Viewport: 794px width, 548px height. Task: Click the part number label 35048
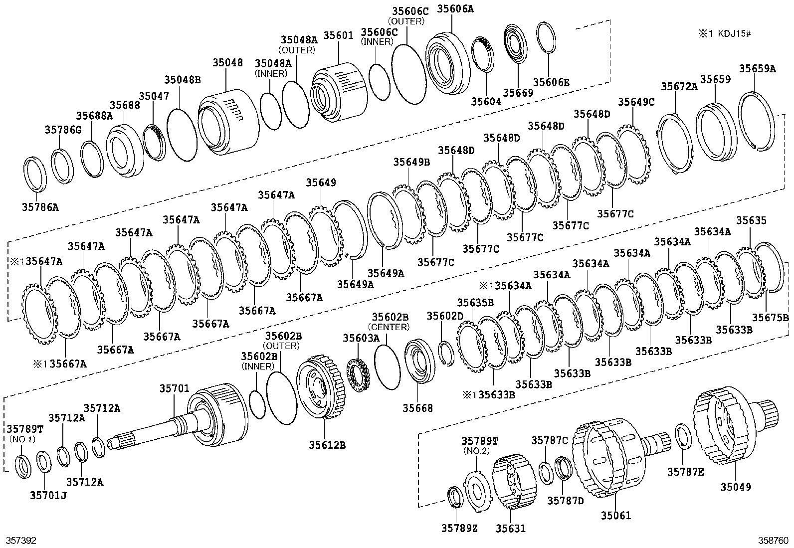tap(227, 63)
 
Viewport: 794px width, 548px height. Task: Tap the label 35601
tap(338, 36)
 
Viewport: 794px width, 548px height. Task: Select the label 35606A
tap(455, 8)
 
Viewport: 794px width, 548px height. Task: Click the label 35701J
tap(48, 495)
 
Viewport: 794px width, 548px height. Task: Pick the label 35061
tap(615, 515)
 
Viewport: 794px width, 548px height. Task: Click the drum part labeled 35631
tap(510, 481)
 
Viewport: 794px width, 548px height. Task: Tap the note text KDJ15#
tap(733, 34)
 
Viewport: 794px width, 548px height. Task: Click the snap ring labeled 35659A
tap(757, 121)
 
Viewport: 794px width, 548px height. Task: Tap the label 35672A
tap(679, 86)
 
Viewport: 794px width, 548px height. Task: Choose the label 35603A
tap(361, 338)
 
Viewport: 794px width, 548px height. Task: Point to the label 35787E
tap(685, 471)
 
